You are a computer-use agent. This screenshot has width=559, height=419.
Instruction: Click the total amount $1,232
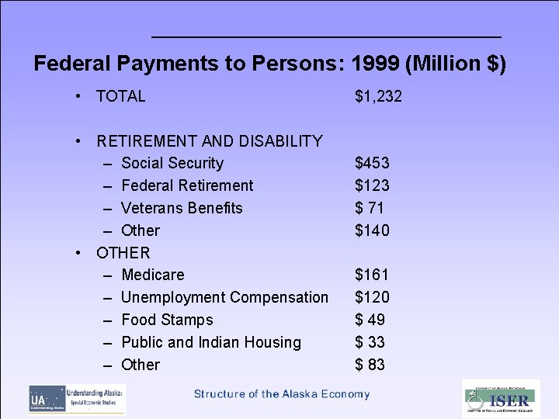[x=378, y=97]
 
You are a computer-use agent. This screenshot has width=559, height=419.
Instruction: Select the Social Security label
[x=172, y=164]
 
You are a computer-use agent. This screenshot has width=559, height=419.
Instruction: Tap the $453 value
[x=372, y=164]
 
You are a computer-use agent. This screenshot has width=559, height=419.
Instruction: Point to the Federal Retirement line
[x=187, y=186]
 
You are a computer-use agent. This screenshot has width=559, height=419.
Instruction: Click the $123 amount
[x=372, y=186]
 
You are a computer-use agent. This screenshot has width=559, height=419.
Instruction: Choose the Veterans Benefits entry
[x=182, y=209]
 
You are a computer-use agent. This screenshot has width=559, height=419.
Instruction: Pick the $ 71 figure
[x=370, y=209]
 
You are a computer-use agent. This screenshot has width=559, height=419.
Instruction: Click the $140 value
[x=372, y=231]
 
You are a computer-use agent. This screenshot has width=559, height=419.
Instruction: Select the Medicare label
[x=153, y=275]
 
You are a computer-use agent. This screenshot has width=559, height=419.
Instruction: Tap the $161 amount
[x=372, y=275]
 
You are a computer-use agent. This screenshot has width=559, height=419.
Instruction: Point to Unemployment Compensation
[x=225, y=298]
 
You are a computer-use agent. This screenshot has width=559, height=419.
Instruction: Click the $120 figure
[x=372, y=298]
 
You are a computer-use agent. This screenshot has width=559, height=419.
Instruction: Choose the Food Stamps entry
[x=167, y=320]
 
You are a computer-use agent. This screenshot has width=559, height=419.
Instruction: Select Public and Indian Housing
[x=211, y=343]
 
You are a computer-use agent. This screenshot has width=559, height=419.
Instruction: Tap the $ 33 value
[x=370, y=343]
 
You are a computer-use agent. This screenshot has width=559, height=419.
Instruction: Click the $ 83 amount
[x=370, y=365]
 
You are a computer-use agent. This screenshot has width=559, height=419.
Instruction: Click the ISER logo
[x=501, y=399]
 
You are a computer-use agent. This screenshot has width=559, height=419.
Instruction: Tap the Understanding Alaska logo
[x=78, y=399]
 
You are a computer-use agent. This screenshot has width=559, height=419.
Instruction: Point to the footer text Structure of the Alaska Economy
[x=282, y=394]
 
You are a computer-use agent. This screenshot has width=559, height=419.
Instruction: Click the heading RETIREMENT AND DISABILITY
[x=210, y=141]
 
